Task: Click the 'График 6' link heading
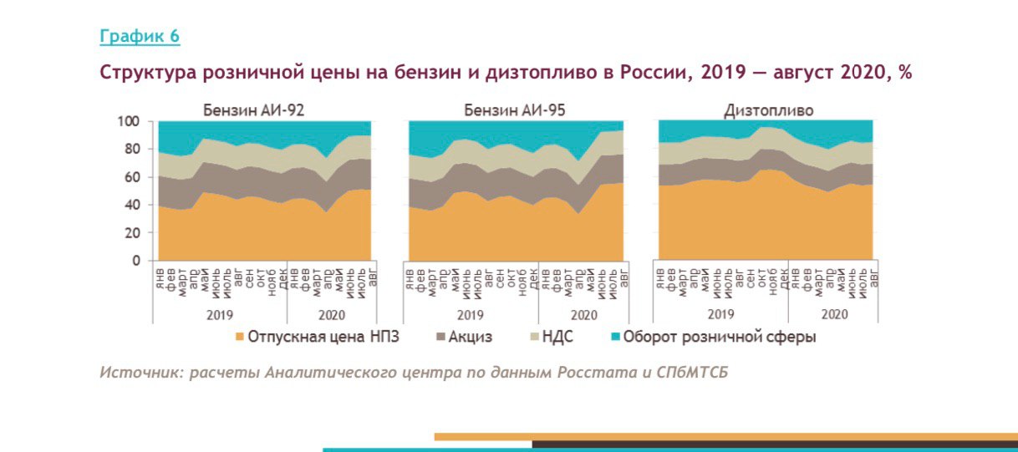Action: pos(140,36)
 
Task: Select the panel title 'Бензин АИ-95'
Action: pos(512,109)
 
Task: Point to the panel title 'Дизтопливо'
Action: pos(768,109)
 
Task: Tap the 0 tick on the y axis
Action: pos(135,261)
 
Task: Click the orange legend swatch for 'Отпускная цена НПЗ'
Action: pos(241,338)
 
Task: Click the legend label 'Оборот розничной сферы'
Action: pos(720,338)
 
